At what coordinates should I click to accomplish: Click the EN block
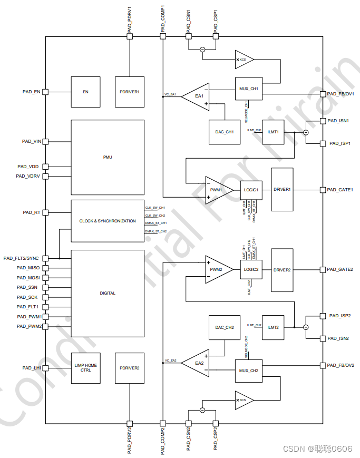click(85, 92)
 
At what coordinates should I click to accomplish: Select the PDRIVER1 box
click(129, 92)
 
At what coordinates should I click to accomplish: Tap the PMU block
click(108, 157)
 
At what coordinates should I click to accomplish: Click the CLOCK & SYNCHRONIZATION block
click(108, 221)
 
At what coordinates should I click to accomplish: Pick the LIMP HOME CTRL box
click(85, 368)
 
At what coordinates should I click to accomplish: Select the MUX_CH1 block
click(249, 89)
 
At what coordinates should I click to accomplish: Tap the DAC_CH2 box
click(225, 327)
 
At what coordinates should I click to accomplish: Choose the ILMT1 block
click(273, 131)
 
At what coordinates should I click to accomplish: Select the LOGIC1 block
click(251, 190)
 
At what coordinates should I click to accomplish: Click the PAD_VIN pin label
click(31, 141)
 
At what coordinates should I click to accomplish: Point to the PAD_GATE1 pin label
click(340, 190)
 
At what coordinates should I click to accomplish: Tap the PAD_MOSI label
click(28, 278)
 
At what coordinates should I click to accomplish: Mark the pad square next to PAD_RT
click(45, 212)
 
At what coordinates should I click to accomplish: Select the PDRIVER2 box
click(129, 368)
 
